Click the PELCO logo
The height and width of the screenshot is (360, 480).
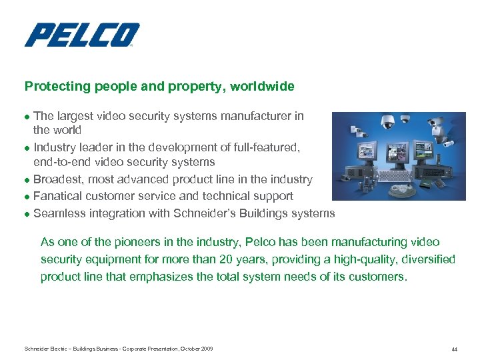pos(82,35)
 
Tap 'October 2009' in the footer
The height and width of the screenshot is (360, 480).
pos(197,349)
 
